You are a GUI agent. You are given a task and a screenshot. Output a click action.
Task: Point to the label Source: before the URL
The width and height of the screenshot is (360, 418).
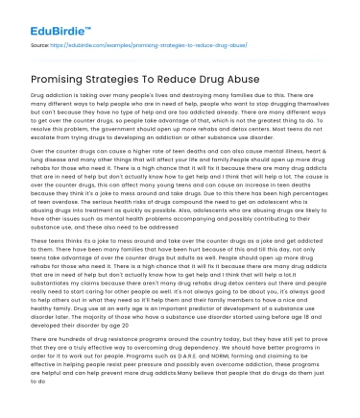42,45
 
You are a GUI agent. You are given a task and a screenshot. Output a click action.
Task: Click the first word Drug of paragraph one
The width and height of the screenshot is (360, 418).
39,97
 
